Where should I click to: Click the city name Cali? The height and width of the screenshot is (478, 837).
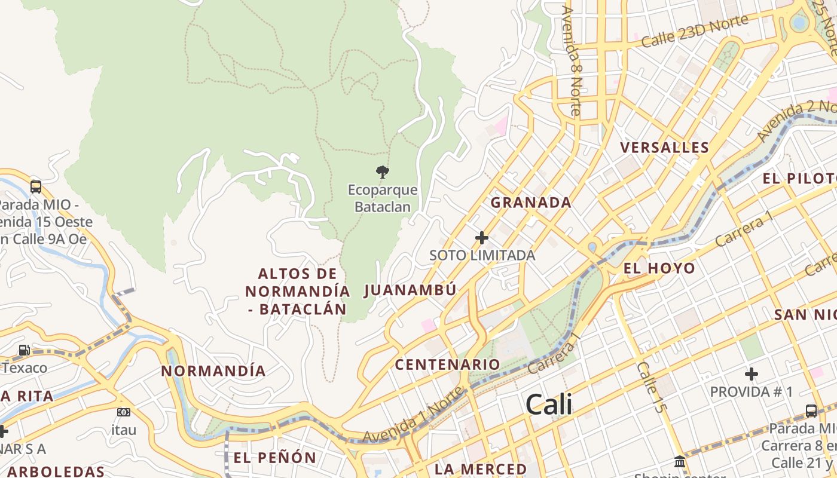click(549, 405)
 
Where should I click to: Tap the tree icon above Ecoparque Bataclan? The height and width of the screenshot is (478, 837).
click(383, 173)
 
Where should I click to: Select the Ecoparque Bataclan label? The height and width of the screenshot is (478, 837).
click(383, 198)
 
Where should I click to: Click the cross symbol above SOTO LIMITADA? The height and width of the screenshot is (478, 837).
click(481, 238)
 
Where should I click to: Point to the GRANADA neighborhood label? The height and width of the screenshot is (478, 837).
click(531, 203)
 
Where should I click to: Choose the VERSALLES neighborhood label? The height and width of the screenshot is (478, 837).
click(664, 148)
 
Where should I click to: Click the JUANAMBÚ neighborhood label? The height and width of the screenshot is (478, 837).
click(410, 290)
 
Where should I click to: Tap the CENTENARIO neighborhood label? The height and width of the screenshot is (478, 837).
click(447, 364)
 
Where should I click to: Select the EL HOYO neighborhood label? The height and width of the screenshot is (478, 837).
click(659, 268)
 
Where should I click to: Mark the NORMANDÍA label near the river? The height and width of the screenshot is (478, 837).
click(213, 370)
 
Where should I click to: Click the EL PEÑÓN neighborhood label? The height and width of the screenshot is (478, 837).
click(275, 458)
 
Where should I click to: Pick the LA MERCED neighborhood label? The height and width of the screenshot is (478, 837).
click(481, 468)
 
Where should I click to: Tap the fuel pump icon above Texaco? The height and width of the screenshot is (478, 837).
click(24, 350)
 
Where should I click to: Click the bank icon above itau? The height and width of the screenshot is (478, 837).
click(124, 412)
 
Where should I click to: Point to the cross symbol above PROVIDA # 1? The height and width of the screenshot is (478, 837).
click(752, 375)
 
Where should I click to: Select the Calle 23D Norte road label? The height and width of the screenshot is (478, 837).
click(695, 31)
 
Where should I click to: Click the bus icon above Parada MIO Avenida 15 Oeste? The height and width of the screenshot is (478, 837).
click(36, 187)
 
